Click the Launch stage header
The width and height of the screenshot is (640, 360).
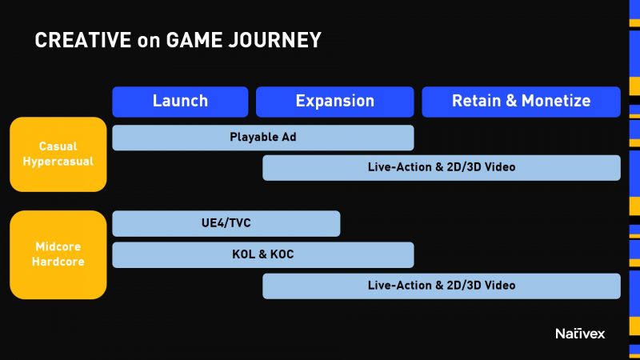click(180, 102)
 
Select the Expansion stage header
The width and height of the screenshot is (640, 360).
click(334, 102)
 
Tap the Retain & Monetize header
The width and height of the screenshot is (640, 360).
click(522, 102)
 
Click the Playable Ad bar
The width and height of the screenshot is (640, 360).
click(263, 138)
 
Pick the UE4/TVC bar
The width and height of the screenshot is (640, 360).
click(226, 223)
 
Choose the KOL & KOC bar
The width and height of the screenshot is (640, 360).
click(263, 254)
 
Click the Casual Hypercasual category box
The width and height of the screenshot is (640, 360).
click(58, 154)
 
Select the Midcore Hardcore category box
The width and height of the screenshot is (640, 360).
click(58, 254)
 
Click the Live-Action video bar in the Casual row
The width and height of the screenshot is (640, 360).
click(442, 168)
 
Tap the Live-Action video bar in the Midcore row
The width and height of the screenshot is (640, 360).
click(442, 286)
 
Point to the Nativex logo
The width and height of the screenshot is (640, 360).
click(580, 334)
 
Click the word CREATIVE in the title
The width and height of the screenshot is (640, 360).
click(83, 40)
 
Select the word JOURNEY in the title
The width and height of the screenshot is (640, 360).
click(274, 40)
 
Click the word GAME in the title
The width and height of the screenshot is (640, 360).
click(194, 40)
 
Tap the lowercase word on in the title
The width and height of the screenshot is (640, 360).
click(149, 42)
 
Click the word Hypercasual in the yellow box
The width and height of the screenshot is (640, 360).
click(58, 162)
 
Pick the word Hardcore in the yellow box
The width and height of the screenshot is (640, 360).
click(58, 262)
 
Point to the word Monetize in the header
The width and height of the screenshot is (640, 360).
click(556, 101)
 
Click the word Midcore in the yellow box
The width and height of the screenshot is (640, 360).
click(58, 246)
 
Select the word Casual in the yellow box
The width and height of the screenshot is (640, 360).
click(58, 146)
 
